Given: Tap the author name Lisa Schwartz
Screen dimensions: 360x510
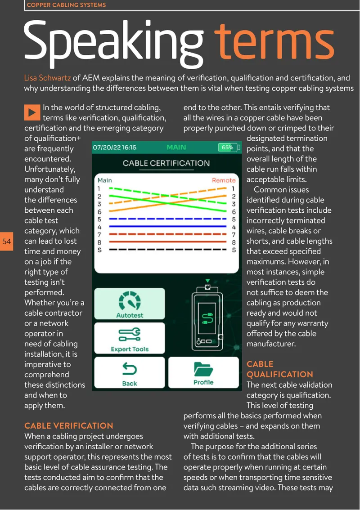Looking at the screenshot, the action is click(47, 78).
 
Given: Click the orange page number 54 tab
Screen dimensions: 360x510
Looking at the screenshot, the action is click(6, 242).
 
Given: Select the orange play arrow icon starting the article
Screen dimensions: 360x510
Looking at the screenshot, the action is click(32, 112).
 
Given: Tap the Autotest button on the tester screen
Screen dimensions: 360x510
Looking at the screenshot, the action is click(130, 304).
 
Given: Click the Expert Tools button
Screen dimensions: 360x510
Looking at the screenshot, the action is click(130, 338).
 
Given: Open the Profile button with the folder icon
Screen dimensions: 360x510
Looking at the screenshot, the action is click(203, 372).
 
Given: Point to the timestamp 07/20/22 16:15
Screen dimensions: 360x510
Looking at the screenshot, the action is click(115, 148).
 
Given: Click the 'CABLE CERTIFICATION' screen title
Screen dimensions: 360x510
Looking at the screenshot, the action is click(166, 163).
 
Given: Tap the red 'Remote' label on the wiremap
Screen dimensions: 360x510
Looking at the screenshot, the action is click(224, 180).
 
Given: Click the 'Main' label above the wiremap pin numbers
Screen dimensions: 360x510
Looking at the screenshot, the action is click(104, 180).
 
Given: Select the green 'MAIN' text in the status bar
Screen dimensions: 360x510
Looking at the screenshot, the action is click(176, 148).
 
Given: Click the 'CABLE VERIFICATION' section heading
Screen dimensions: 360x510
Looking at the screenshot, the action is click(69, 426).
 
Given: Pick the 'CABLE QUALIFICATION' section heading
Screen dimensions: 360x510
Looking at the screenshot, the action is click(279, 369).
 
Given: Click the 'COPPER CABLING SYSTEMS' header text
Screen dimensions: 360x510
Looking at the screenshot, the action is click(66, 5).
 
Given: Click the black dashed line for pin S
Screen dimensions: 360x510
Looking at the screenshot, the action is click(168, 250).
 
